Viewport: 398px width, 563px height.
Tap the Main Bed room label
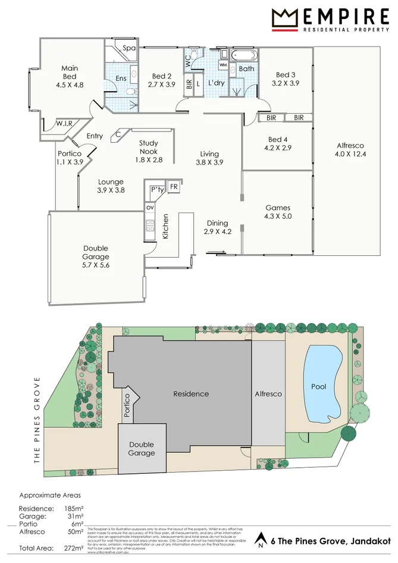(x=70, y=73)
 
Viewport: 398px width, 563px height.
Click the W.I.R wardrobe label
(x=64, y=124)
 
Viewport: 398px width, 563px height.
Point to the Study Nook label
(x=149, y=147)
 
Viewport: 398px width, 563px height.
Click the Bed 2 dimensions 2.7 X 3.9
(x=162, y=85)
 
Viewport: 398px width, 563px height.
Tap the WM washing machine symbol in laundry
(x=222, y=64)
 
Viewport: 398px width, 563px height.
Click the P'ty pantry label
(x=157, y=189)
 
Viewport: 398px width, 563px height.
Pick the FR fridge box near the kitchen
(x=174, y=187)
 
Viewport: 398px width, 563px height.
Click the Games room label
(x=278, y=208)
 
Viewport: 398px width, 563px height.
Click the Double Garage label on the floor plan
(x=96, y=253)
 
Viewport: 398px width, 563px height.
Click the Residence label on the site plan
(x=191, y=393)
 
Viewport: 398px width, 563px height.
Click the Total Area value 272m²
(x=74, y=548)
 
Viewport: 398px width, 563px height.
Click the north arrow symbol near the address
(x=260, y=540)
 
